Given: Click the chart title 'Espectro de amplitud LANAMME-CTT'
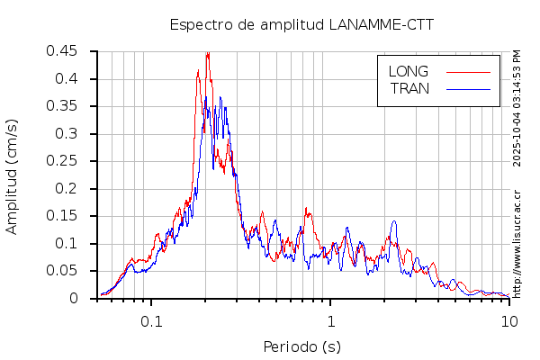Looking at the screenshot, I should [301, 24].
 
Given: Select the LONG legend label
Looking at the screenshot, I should [408, 71].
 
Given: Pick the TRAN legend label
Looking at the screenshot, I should [409, 88].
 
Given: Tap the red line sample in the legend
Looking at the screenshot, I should [468, 71].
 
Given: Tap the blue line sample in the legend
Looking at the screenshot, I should [468, 88].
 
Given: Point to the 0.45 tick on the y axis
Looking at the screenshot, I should [62, 51].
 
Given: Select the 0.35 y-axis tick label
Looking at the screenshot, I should [62, 106].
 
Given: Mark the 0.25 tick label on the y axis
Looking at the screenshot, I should [62, 161].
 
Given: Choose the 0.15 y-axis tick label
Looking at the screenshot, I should [62, 216].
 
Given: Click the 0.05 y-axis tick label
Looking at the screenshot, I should [62, 271].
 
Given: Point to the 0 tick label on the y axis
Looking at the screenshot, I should [76, 299].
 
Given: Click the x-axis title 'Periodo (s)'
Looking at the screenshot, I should [301, 346].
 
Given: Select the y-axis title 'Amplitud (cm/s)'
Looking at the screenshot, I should [12, 175].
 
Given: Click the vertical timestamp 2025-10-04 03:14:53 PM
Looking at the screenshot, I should [517, 108].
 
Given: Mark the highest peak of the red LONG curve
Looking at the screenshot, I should [208, 53].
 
